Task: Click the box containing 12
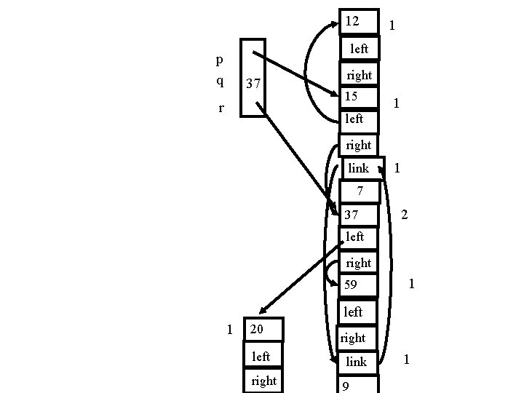point(359,22)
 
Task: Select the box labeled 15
point(359,96)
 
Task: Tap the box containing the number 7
point(359,191)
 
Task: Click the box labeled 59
point(359,285)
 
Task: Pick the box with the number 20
point(263,330)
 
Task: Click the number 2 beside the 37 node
point(405,215)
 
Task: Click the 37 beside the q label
point(253,85)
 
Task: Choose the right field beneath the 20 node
point(263,381)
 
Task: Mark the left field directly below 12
point(359,49)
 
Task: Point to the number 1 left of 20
point(231,330)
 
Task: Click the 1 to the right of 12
point(392,25)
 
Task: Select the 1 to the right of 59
point(412,284)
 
